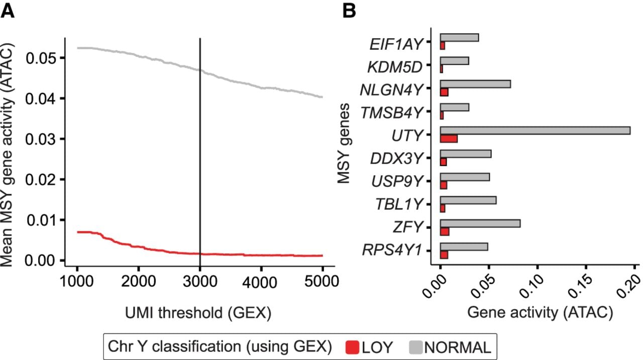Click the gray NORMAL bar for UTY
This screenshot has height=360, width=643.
coord(535,131)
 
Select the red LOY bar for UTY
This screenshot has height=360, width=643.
coord(449,139)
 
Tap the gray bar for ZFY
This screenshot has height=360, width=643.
coord(480,223)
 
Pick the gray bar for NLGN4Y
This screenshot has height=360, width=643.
coord(475,84)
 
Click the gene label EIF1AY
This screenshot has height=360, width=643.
coord(396,45)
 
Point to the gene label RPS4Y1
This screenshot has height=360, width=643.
coord(392,250)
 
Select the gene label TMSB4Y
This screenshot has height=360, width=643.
coord(392,113)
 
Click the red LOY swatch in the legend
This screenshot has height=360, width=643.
coord(353,347)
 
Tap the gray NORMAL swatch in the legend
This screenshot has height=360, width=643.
coord(415,347)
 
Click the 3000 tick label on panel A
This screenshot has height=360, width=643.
coord(200,281)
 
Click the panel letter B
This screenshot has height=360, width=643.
coord(349,11)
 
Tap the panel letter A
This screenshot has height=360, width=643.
coord(8,11)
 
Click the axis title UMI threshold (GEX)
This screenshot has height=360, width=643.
coord(198,313)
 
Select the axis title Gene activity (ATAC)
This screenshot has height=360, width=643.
coord(540,313)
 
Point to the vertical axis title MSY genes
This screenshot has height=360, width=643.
coord(343,143)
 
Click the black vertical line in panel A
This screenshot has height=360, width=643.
coord(200,152)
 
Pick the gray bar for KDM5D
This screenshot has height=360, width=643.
coord(455,61)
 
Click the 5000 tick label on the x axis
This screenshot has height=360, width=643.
coord(322,281)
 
